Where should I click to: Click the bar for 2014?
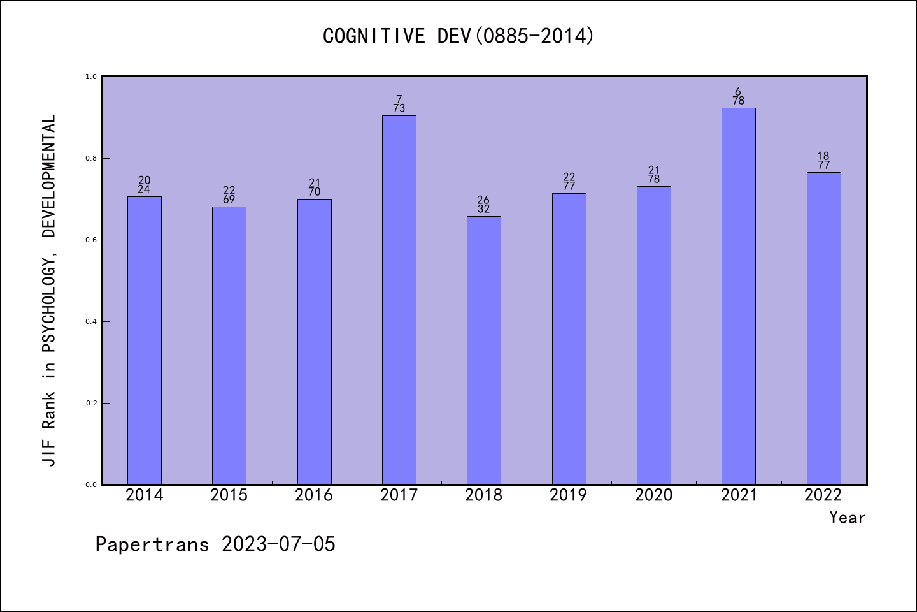[145, 340]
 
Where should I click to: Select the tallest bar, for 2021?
[739, 296]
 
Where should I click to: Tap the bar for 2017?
[399, 300]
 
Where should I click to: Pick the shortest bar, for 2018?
[484, 351]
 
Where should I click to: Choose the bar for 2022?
[823, 328]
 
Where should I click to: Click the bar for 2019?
[569, 339]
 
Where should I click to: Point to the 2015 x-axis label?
[229, 495]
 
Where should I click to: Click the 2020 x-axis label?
[653, 495]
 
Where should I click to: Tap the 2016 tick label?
[314, 495]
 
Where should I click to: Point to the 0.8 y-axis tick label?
[91, 158]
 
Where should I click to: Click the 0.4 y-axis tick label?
[91, 321]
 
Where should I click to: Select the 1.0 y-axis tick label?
[91, 76]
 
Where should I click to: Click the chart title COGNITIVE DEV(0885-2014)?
[458, 36]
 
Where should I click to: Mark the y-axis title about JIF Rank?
[49, 290]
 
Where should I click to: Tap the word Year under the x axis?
[847, 518]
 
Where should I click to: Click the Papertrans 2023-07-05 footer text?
[215, 544]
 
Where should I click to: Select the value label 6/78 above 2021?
[739, 96]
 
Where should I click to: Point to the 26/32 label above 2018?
[484, 205]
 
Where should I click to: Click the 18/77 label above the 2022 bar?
[823, 161]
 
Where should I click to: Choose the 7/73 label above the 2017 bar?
[399, 104]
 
